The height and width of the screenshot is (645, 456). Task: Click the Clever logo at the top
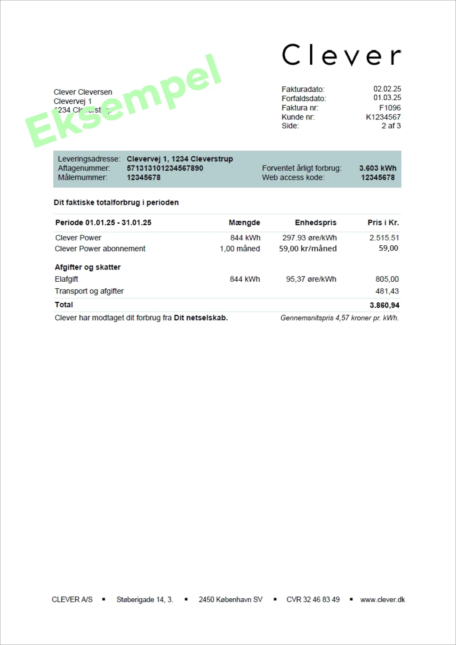point(341,55)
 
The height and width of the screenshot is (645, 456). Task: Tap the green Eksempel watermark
point(123,101)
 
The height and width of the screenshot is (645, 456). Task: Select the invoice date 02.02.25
point(387,89)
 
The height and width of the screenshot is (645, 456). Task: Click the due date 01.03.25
point(387,98)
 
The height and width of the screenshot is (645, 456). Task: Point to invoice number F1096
point(390,108)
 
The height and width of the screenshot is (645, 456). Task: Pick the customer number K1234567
point(383,117)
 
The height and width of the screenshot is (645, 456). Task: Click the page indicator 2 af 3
point(391,126)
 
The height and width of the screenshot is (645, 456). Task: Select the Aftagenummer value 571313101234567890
point(165,168)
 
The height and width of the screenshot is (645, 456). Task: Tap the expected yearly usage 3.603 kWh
point(378,168)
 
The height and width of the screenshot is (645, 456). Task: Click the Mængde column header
point(244,223)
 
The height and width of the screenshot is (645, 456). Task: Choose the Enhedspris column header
point(316,223)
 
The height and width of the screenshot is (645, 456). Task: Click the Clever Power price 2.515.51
point(384,238)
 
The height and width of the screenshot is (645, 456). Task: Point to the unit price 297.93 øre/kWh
point(309,238)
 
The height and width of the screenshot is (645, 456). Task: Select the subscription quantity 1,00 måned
point(240,249)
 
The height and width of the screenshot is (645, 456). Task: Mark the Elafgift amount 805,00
point(387,279)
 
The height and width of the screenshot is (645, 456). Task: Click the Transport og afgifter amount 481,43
point(387,291)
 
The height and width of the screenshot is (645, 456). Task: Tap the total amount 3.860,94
point(384,305)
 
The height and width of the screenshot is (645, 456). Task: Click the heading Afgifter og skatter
point(88,267)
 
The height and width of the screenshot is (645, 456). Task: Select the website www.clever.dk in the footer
point(382,600)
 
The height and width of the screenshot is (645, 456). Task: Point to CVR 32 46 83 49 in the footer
point(313,600)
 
